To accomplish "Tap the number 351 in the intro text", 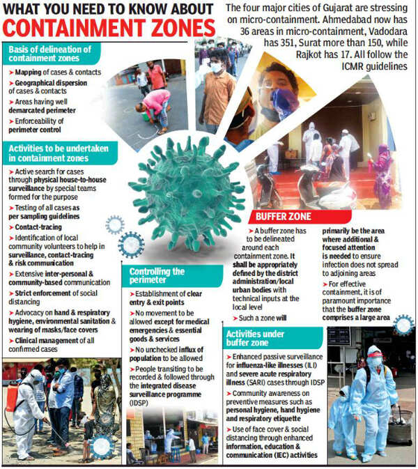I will point(265,33).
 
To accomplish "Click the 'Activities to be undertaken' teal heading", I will point(53,153).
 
